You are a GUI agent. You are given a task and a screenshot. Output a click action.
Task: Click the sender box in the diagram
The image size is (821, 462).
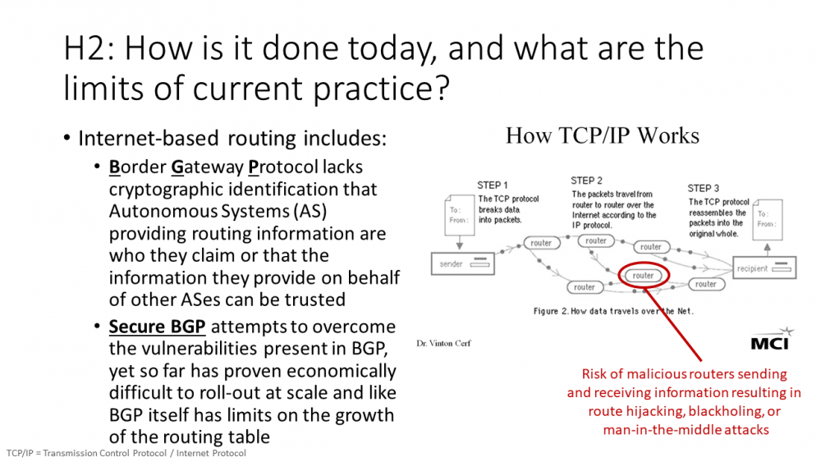point(462,263)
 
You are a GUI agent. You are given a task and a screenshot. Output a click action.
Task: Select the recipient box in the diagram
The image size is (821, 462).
point(764,268)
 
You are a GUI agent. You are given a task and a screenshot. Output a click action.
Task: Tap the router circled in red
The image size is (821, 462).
point(643,276)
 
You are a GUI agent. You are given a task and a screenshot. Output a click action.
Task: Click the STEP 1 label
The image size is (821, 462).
point(492,185)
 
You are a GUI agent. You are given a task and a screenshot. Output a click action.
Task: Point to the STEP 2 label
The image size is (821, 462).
point(586,181)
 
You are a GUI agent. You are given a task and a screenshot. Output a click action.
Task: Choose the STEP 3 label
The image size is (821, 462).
point(704,189)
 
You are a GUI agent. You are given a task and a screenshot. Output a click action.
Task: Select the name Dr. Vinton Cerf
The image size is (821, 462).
point(443,343)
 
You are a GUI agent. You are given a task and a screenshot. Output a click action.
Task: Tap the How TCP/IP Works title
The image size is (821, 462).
point(602,135)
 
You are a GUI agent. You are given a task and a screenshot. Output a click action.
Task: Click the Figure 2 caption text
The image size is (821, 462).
point(613,311)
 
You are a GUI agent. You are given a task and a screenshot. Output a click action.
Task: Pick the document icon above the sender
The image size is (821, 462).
point(459,215)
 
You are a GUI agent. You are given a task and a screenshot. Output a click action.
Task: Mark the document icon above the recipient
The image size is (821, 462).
point(768,219)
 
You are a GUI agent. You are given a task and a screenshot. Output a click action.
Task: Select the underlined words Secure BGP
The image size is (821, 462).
point(157,327)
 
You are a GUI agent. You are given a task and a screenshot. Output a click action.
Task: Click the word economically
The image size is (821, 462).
point(342,372)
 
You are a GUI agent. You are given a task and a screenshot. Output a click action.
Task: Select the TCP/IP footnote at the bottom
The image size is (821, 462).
point(126,453)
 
